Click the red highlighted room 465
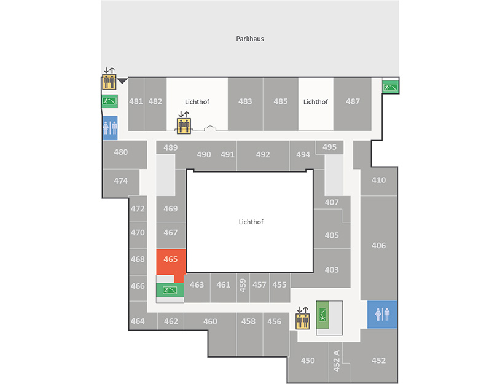coord(171,262)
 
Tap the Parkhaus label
coord(249,39)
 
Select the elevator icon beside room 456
coord(303,321)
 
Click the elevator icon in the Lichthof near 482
coord(184,125)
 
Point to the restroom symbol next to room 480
coord(110,128)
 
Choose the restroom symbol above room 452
coord(382,315)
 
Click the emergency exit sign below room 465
coord(170,290)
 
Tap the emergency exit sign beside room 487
coord(391,87)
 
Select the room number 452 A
coord(336,361)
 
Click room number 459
coord(243,286)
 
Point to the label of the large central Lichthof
coord(251,222)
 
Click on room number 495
coord(329,147)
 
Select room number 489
coord(171,147)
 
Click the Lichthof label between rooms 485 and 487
coord(315,102)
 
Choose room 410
coord(379,181)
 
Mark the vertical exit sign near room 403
coord(322,315)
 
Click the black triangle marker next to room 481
coord(122,81)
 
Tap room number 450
coord(308,361)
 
